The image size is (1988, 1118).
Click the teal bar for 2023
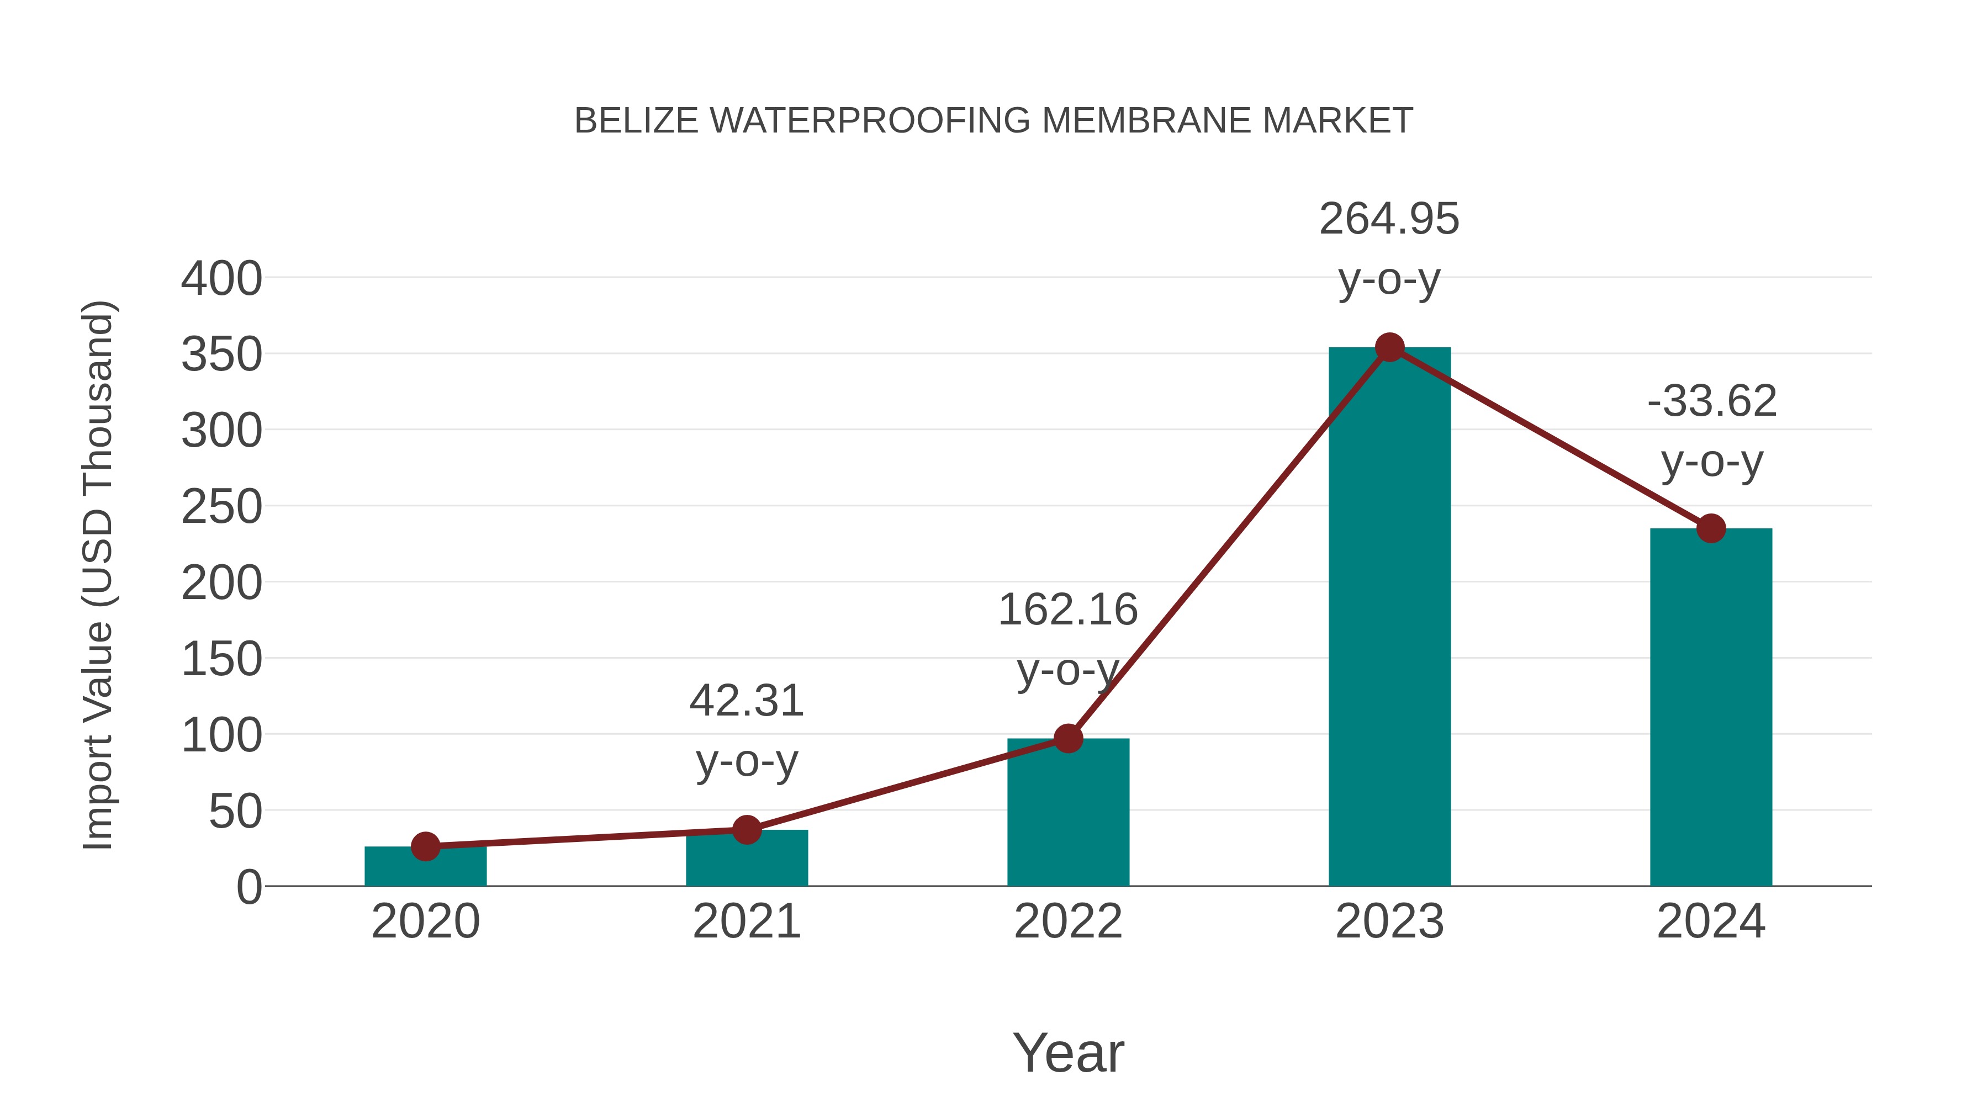click(x=1389, y=617)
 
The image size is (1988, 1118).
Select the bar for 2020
click(x=425, y=867)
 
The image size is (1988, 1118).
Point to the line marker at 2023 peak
click(x=1389, y=348)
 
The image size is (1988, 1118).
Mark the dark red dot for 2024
click(x=1711, y=528)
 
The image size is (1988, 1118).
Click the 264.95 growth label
click(x=1389, y=219)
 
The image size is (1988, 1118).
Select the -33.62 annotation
click(x=1712, y=401)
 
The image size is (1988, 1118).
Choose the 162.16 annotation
click(x=1068, y=610)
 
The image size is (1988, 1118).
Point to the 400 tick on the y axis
click(x=221, y=279)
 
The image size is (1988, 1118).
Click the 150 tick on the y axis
click(x=221, y=660)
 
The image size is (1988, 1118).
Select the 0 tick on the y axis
click(x=249, y=887)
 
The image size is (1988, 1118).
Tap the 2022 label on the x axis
click(x=1068, y=921)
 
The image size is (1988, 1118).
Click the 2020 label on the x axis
click(x=425, y=921)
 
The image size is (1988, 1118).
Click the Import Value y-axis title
click(x=99, y=575)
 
